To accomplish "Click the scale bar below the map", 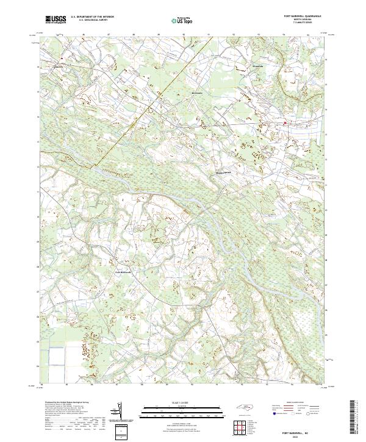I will pyautogui.click(x=183, y=413).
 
